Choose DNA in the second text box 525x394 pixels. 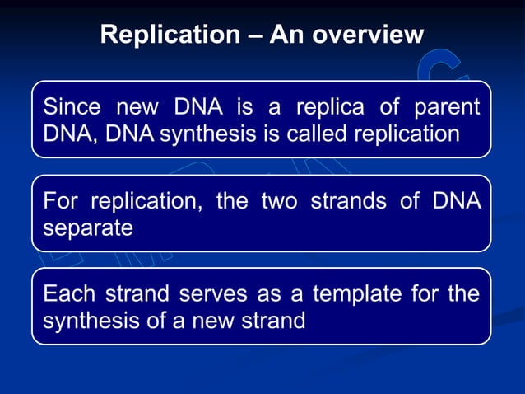click(x=453, y=202)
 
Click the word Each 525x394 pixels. click(x=69, y=294)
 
